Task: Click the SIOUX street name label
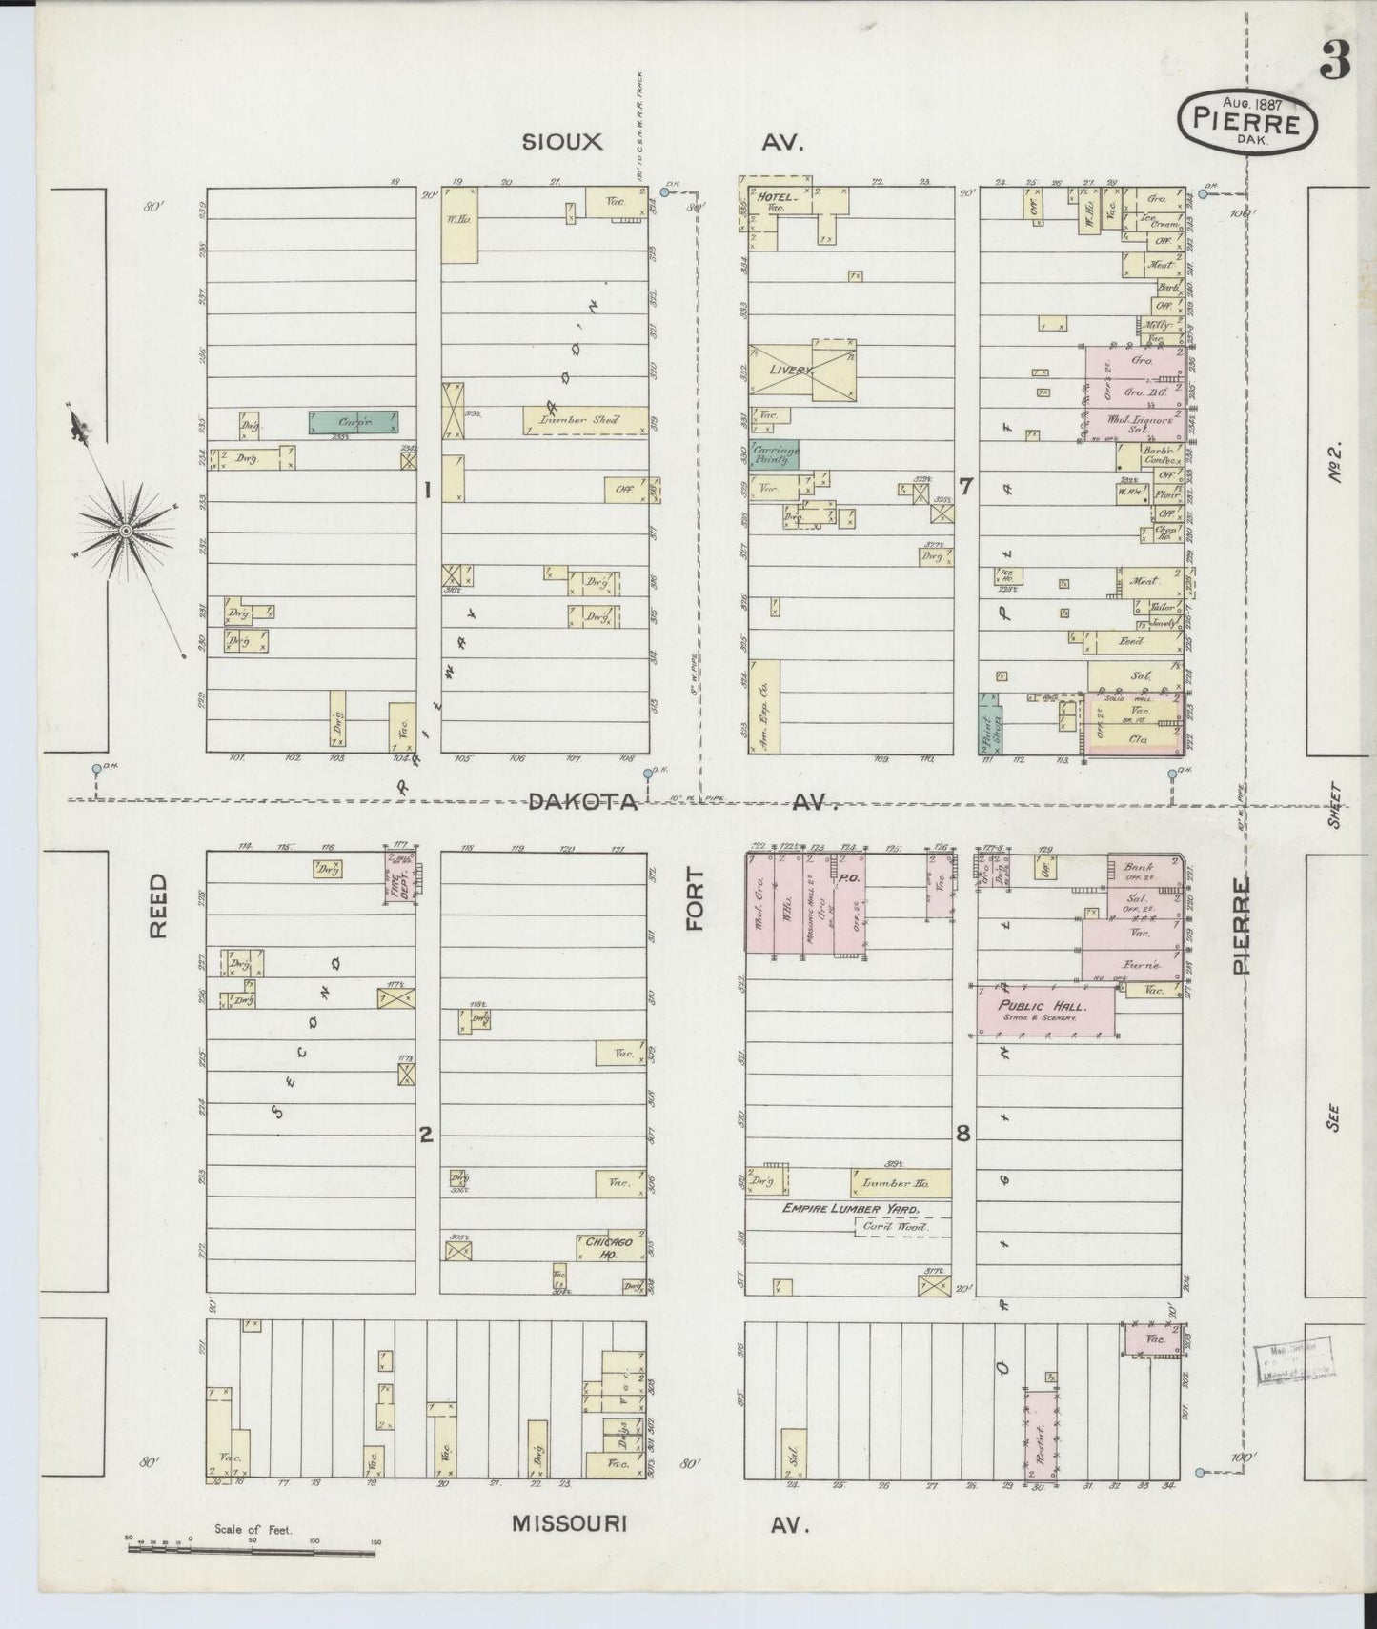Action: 562,143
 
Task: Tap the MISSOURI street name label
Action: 569,1523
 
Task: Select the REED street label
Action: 158,906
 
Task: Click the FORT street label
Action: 695,898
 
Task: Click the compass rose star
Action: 125,528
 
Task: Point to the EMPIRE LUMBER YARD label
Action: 851,1209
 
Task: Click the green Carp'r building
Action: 354,421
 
